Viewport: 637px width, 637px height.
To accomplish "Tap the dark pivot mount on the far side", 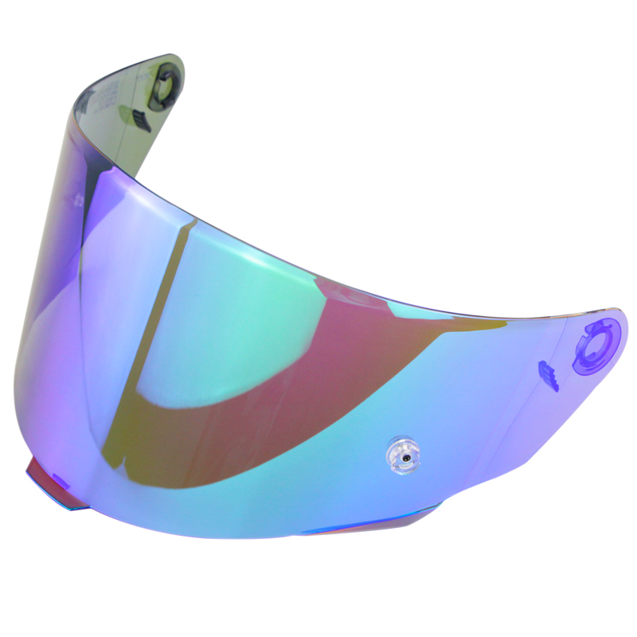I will click(166, 84).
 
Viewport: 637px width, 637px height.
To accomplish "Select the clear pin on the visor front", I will click(404, 451).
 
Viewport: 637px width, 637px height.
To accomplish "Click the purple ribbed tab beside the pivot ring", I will click(549, 374).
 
